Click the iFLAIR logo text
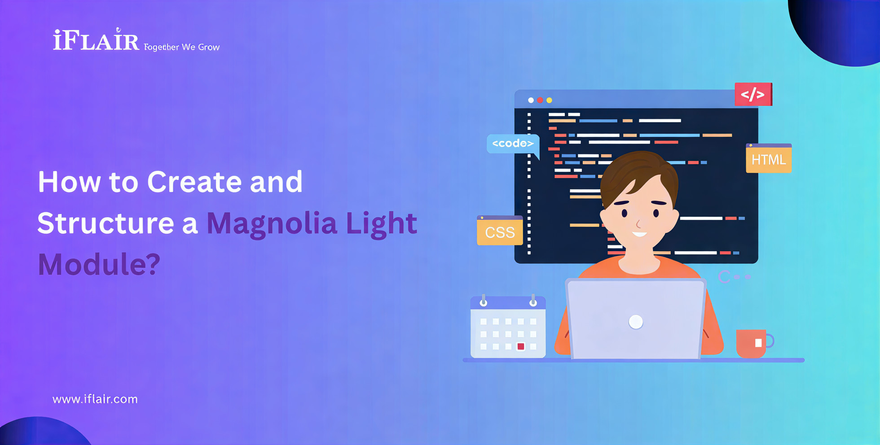coord(96,40)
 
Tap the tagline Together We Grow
coord(182,47)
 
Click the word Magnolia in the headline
coord(272,224)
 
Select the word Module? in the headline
coord(99,264)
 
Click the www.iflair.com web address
coord(95,399)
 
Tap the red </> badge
coord(753,94)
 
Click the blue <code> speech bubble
coord(513,144)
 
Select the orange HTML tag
coord(769,158)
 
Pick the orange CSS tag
coord(500,231)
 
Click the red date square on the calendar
coord(521,346)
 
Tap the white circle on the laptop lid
coord(636,322)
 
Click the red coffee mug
coord(754,343)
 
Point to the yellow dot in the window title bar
coord(549,100)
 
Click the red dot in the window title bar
coord(540,100)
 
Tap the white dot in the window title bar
coord(531,100)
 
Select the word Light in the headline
coord(381,224)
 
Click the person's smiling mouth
coord(639,234)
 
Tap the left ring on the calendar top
coord(484,301)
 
